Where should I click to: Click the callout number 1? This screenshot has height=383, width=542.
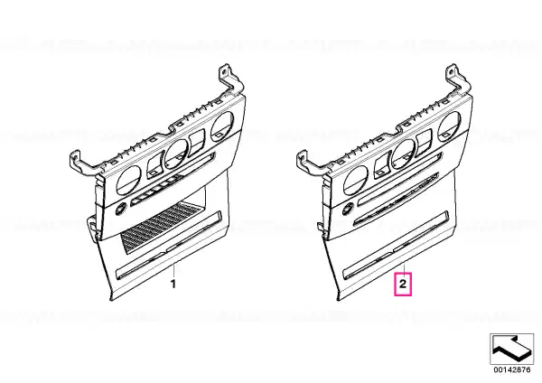coord(173,285)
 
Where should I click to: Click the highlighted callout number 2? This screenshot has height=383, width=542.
coord(403,285)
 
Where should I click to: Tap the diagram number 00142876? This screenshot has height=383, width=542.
coord(511,369)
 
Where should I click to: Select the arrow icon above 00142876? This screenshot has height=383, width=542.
coord(511,349)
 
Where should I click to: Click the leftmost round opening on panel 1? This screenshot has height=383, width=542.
coord(128,180)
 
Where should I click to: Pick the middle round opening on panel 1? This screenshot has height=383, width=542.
coord(177,154)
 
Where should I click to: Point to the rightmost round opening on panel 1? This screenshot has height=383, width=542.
coord(222,126)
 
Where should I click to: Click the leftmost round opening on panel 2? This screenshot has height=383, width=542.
coord(356,180)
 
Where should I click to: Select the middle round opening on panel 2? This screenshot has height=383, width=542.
coord(404,154)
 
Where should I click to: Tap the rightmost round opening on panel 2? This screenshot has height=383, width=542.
coord(449,126)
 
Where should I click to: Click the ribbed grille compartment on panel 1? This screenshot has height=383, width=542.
coord(159,227)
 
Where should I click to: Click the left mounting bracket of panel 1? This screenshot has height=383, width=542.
coord(86,163)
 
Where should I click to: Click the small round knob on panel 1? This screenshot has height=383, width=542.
coord(121,210)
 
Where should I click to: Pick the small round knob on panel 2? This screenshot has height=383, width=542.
coord(348,209)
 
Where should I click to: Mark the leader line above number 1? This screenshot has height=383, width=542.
coord(173,270)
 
